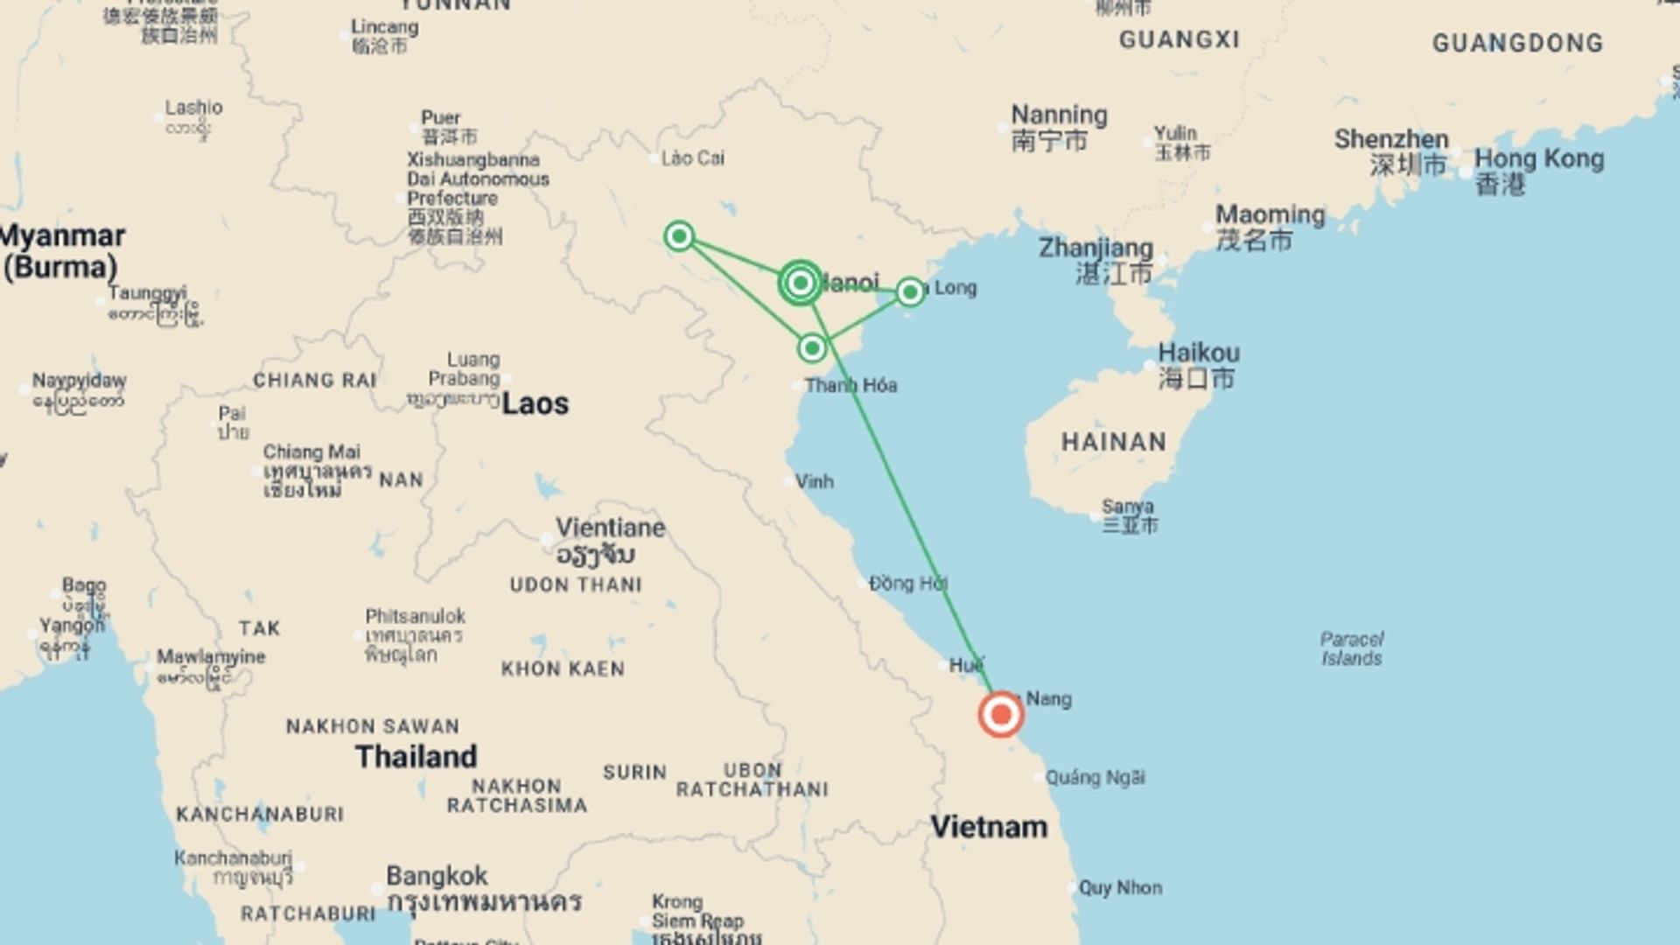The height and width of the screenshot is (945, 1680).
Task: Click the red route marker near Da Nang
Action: coord(1001,715)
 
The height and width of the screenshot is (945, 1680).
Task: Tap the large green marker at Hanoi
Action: coord(800,283)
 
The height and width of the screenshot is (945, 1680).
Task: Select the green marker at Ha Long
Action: coord(910,291)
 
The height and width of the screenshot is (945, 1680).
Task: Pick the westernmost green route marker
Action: coord(679,236)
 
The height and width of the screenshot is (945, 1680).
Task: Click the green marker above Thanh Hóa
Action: coord(812,348)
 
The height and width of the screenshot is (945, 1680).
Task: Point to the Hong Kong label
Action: coord(1538,159)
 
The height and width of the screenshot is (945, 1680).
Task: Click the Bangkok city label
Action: coord(437,876)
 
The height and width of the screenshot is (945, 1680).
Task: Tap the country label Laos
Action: coord(535,403)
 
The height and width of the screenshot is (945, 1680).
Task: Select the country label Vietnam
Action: coord(989,827)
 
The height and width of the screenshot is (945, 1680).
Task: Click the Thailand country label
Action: coord(416,757)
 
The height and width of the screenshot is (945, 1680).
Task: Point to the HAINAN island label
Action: coord(1113,442)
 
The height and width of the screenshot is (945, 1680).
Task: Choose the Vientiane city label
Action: coord(611,528)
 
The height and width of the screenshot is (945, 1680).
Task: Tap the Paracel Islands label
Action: coord(1352,648)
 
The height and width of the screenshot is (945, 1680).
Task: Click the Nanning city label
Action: coord(1059,115)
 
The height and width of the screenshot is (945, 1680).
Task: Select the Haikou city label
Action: coord(1199,353)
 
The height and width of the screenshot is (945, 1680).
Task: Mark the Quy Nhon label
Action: coord(1120,887)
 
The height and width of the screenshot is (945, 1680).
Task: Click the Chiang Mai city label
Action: coord(311,452)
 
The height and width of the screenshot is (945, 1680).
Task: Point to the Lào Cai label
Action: coord(692,158)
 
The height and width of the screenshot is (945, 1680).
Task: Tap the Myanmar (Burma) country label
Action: coord(61,251)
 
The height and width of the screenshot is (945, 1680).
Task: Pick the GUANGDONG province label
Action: coord(1517,43)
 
